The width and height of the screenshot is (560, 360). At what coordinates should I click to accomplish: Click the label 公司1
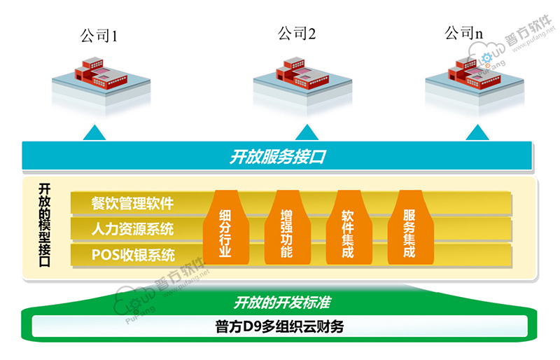(99, 36)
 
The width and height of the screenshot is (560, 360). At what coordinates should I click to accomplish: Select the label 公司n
(464, 33)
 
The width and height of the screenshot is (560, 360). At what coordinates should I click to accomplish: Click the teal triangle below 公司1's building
(95, 132)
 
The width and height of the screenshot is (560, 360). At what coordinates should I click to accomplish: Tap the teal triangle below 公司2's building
(307, 132)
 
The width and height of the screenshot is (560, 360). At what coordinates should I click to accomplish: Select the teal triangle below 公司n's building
(477, 132)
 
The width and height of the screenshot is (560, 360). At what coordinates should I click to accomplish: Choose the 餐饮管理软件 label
(132, 204)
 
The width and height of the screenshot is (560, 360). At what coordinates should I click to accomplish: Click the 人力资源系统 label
(133, 229)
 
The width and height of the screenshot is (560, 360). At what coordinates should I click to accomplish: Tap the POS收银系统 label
(133, 254)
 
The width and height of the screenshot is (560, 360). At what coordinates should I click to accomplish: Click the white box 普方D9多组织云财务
(279, 326)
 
